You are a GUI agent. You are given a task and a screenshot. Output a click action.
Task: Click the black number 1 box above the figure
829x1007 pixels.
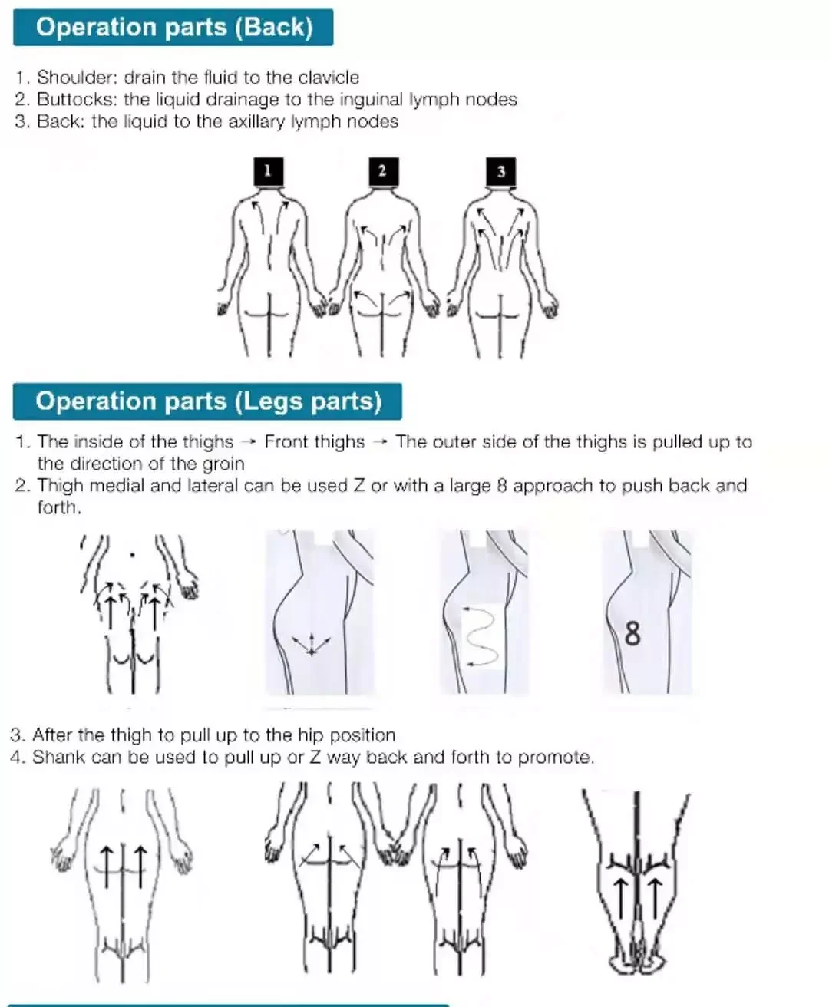coord(268,171)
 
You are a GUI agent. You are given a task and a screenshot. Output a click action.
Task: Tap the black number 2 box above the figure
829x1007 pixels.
coord(382,171)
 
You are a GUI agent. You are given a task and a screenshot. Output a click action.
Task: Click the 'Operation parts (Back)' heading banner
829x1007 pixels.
coord(173,28)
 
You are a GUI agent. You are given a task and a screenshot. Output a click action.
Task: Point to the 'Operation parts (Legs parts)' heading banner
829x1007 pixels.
coord(207,401)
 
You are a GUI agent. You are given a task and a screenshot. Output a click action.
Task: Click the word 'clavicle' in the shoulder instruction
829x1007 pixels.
coord(329,78)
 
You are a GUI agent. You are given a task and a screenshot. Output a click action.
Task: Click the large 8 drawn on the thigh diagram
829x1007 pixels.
coord(632,634)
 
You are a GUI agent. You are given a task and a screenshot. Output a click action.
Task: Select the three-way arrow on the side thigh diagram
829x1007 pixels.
coord(311,643)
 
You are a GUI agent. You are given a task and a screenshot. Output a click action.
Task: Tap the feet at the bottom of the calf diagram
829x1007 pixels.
coord(636,960)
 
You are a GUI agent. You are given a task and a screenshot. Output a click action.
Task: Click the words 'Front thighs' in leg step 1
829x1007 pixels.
coord(315,442)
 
